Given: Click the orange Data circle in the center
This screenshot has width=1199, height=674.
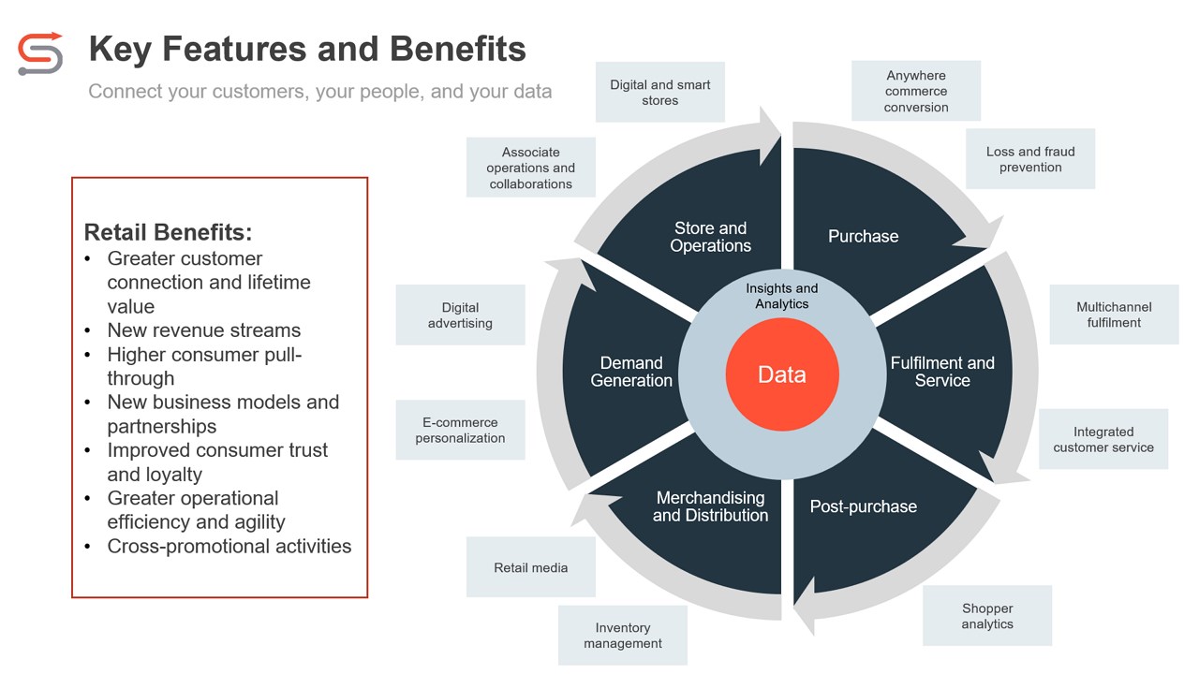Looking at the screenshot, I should point(782,374).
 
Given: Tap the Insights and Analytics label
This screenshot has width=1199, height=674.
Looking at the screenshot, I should point(782,296).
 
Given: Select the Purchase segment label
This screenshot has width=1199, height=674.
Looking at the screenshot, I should point(863,237).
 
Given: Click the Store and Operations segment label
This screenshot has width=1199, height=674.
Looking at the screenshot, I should point(710,237).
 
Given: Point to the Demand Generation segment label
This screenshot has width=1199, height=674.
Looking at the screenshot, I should point(631,372).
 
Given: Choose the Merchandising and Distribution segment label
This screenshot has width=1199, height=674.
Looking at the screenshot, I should point(710,506).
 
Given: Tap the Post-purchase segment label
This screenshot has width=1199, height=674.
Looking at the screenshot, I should point(863,506).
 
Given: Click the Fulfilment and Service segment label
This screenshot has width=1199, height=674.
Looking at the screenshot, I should point(942,372).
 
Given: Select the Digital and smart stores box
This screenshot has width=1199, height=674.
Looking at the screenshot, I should point(660,92).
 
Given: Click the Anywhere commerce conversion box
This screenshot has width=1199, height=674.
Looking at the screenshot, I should point(916,91).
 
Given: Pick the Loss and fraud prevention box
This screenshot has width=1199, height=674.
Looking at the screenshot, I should point(1030,159).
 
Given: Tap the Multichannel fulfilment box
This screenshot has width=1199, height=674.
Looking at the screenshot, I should point(1114,315).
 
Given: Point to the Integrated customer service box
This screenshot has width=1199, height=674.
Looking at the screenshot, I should point(1103,439).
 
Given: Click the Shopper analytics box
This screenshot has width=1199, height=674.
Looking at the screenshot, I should point(987,616).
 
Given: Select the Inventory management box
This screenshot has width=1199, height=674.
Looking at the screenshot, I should point(623,636).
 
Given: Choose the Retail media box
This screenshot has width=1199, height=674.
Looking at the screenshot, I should point(531,567).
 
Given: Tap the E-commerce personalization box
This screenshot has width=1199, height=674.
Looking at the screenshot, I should point(460,430).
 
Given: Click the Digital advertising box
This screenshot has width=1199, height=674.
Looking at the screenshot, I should point(460,315).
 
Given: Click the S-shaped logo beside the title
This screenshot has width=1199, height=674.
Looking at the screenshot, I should point(40,52).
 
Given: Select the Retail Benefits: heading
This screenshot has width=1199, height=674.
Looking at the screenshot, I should point(168,232).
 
